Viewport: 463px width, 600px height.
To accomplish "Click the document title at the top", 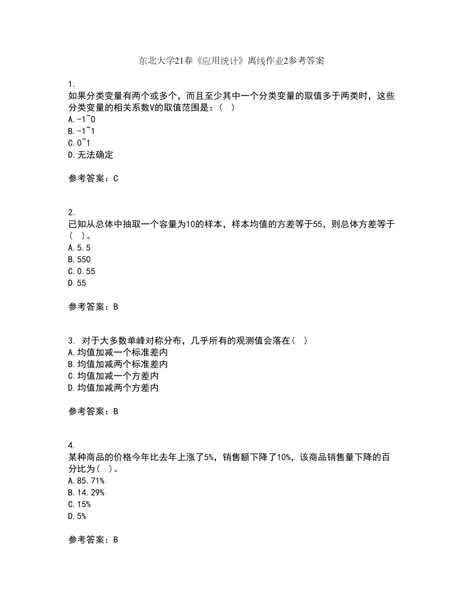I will [x=231, y=61].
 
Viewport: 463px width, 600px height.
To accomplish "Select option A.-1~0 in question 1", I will [x=82, y=119].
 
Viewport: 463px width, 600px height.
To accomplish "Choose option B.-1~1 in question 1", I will [x=81, y=131].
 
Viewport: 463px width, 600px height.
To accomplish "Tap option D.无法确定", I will [x=91, y=155].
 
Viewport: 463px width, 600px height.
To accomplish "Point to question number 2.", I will [x=70, y=212].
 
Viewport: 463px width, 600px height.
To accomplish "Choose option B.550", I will [x=79, y=259].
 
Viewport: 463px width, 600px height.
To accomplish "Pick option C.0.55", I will [x=81, y=271].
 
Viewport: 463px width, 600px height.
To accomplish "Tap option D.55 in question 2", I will [x=76, y=283].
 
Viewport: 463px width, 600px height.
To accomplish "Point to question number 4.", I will [x=70, y=445].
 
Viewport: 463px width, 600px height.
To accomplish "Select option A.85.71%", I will [x=86, y=481].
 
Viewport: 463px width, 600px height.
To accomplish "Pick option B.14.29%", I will [x=86, y=492].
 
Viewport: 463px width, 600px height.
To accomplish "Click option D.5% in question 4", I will [x=76, y=516].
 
